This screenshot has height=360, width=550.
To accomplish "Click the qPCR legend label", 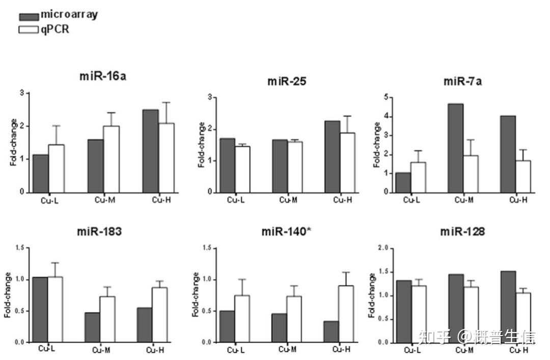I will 54,30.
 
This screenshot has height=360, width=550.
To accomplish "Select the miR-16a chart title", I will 102,76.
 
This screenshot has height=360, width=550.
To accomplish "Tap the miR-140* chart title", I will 286,232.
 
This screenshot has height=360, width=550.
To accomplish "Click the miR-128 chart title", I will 462,232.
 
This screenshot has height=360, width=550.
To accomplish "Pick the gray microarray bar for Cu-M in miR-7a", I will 456,148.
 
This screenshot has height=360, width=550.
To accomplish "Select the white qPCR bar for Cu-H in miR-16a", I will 167,158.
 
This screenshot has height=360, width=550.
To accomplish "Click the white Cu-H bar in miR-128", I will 523,318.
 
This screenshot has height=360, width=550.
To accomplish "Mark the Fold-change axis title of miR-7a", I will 377,145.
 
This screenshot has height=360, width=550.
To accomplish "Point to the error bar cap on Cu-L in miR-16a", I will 56,126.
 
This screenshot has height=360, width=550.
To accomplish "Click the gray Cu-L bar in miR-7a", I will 403,183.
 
